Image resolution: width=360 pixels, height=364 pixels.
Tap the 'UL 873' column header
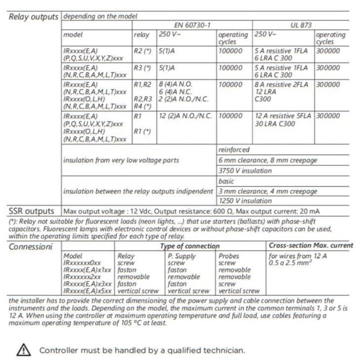click(x=303, y=25)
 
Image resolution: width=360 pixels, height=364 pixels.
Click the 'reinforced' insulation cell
click(x=234, y=150)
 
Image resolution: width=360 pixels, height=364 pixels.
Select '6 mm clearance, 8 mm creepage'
click(x=268, y=160)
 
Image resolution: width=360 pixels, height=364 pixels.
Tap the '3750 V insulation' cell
click(x=245, y=171)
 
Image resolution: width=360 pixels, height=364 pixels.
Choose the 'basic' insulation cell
click(x=227, y=181)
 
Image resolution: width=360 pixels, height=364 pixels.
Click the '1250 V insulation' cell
click(x=245, y=201)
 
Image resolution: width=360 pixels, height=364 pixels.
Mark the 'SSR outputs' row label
click(x=31, y=211)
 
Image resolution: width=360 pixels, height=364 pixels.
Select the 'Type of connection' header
click(x=190, y=246)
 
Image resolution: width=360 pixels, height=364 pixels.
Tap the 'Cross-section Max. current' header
click(x=311, y=245)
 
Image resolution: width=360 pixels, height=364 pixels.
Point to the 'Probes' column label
click(x=229, y=256)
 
